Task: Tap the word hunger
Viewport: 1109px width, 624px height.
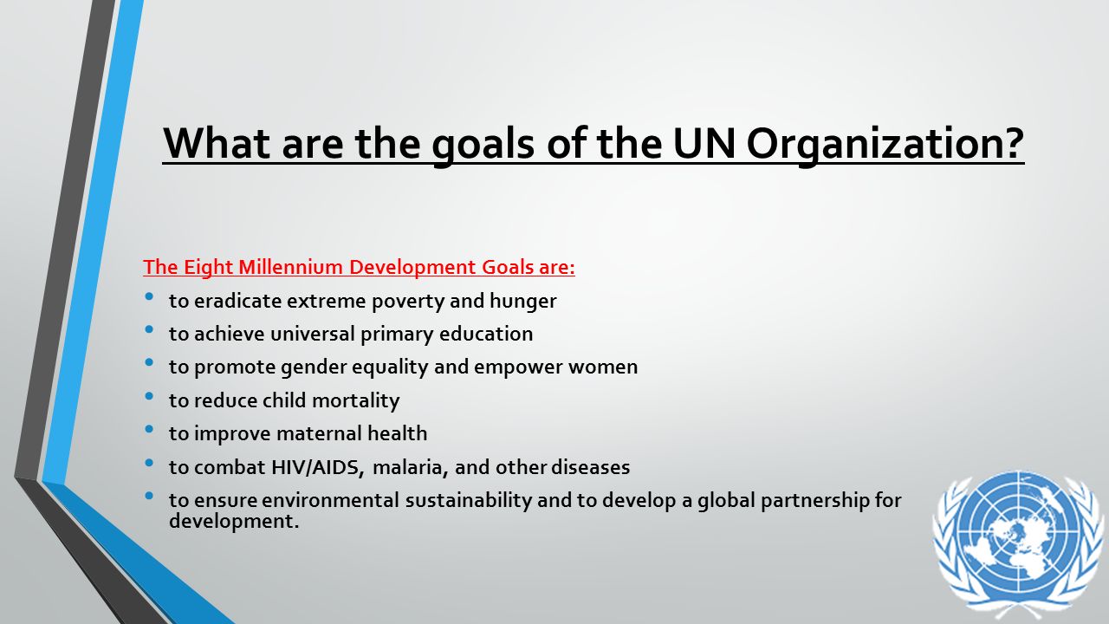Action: tap(524, 301)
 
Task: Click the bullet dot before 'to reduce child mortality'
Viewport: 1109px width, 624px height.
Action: tap(150, 397)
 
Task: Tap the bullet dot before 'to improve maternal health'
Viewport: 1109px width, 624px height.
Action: tap(150, 430)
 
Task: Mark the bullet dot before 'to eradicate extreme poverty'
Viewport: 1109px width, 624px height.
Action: tap(150, 297)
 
